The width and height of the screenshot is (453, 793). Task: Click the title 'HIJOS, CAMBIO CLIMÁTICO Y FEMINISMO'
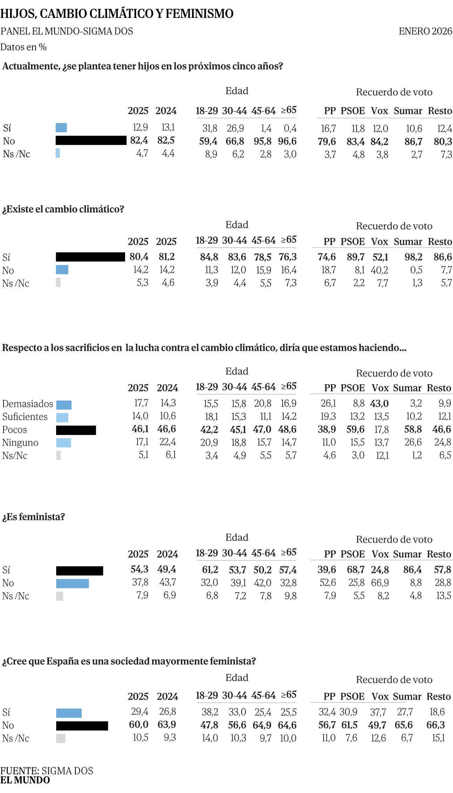117,14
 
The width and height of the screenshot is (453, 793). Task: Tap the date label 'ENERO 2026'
425,32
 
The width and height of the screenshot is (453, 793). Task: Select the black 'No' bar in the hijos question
91,141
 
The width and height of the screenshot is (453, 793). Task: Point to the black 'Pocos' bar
76,430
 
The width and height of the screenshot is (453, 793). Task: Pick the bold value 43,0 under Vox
379,404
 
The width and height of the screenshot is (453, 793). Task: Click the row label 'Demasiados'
28,404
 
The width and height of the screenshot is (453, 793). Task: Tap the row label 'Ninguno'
20,443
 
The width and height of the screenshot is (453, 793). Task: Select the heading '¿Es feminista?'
34,517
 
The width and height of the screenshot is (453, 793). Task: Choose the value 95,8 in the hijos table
263,141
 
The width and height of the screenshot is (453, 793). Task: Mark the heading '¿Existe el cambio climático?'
63,209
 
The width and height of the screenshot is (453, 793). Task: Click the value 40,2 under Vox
379,270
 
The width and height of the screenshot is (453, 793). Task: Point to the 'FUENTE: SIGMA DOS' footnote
47,771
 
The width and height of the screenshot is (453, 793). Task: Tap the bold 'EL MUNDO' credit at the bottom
25,780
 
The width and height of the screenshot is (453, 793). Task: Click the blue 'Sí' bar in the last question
69,713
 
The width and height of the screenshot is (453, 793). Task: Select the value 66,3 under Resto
435,725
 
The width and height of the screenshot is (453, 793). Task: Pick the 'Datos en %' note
23,47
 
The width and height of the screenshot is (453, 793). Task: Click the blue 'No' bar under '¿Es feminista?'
72,583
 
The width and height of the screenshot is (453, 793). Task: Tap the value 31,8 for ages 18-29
210,128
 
